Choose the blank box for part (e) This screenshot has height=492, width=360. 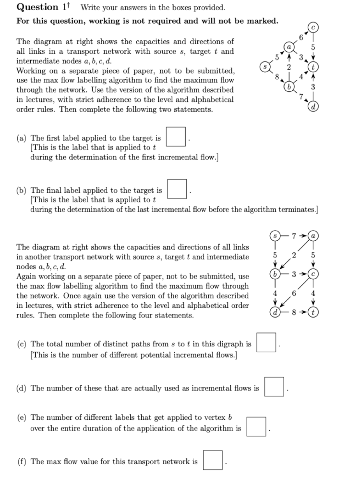(256, 427)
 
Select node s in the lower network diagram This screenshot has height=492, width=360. (275, 237)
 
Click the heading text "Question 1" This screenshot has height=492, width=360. (40, 7)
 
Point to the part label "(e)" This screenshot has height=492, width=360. (22, 418)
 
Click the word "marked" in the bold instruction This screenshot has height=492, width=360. (260, 21)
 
